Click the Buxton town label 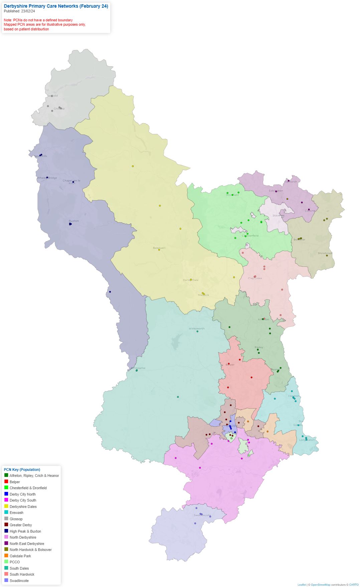tap(74, 221)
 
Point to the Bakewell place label tap(159, 248)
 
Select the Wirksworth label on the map tap(196, 328)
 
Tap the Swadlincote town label tap(202, 515)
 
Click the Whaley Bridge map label tap(47, 178)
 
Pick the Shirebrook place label tap(325, 253)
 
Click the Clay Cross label tap(255, 278)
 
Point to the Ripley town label tap(259, 347)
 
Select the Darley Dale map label tap(190, 280)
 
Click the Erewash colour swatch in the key tap(6, 512)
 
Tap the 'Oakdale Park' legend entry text tap(20, 556)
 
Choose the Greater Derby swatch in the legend tap(6, 525)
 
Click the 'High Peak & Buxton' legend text tap(25, 531)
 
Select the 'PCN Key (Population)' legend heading tap(22, 470)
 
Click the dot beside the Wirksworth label tap(197, 331)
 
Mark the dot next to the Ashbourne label tap(137, 370)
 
